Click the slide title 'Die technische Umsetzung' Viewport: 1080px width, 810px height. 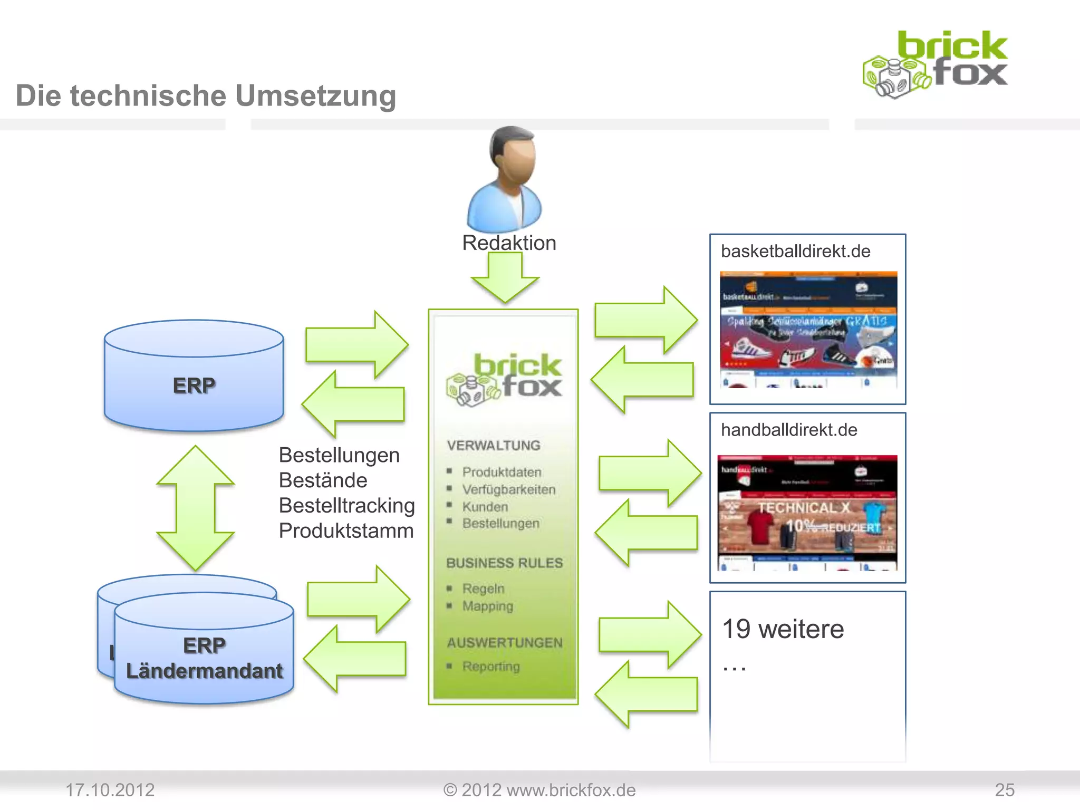coord(206,96)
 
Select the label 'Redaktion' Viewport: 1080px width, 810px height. coord(509,243)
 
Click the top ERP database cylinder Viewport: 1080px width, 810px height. coord(194,375)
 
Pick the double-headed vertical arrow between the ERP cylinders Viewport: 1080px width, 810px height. coord(196,508)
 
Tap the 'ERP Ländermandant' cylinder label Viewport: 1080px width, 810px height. coord(205,658)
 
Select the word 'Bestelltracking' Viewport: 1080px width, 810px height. coord(346,506)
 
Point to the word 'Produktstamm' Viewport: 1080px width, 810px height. coord(346,531)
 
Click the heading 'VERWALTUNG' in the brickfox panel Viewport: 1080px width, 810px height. coord(494,446)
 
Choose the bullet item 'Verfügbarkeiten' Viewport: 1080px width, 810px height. coord(509,490)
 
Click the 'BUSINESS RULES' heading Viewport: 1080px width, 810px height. coord(504,563)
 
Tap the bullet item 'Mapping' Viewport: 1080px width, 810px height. coord(488,606)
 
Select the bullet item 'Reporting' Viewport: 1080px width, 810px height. coord(491,667)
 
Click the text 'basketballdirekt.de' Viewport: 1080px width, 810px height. coord(795,252)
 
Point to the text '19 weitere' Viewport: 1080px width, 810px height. coord(783,629)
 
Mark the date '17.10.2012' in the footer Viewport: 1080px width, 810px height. coord(110,790)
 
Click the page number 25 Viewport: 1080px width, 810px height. coord(1004,790)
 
